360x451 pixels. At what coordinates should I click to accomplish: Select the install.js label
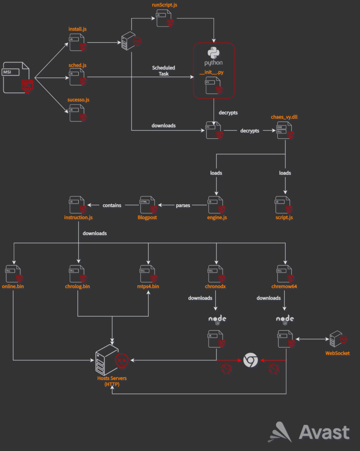pos(77,29)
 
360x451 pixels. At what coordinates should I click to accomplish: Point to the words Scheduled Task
pos(163,70)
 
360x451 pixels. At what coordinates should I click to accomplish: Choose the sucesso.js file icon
pos(77,113)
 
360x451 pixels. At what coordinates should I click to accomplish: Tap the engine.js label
pos(216,218)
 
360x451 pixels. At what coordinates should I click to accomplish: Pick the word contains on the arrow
pos(112,205)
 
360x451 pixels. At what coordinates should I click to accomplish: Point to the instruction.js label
pos(78,218)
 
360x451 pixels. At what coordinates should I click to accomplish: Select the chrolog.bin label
pos(77,287)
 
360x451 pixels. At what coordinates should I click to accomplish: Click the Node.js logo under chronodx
pos(216,319)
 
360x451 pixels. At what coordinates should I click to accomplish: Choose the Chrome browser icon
pos(250,360)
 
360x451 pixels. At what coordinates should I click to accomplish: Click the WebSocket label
pos(338,353)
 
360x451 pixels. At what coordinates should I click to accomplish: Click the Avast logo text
pos(324,432)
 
